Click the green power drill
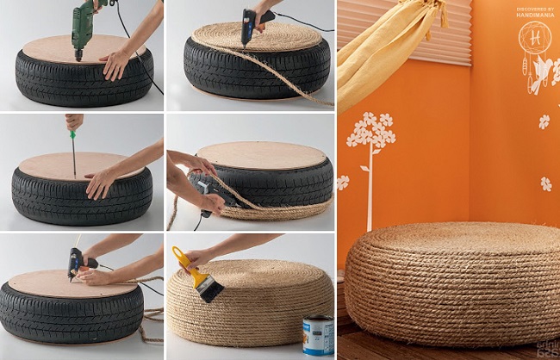coord(84,22)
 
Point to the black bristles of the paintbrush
coord(208,289)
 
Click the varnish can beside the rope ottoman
coord(317,335)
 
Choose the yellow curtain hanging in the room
coord(388,52)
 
